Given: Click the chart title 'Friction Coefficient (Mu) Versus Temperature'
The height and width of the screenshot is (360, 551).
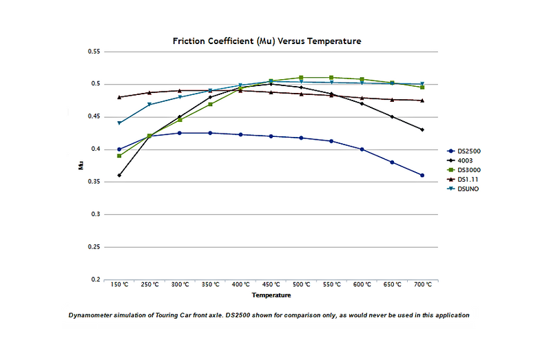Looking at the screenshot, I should point(267,41).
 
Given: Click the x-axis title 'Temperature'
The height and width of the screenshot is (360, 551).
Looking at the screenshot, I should point(271,295).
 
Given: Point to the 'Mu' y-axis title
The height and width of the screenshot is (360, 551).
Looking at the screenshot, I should point(81,165).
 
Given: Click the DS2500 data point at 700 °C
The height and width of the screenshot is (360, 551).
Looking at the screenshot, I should point(422,176).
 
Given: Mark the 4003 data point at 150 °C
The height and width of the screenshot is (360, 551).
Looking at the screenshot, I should point(119,176).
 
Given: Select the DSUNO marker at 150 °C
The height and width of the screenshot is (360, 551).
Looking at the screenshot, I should point(119,123).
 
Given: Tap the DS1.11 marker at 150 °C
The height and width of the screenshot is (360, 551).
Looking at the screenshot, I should point(119,97).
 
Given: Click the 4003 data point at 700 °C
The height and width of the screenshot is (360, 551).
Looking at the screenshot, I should point(422,129).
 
